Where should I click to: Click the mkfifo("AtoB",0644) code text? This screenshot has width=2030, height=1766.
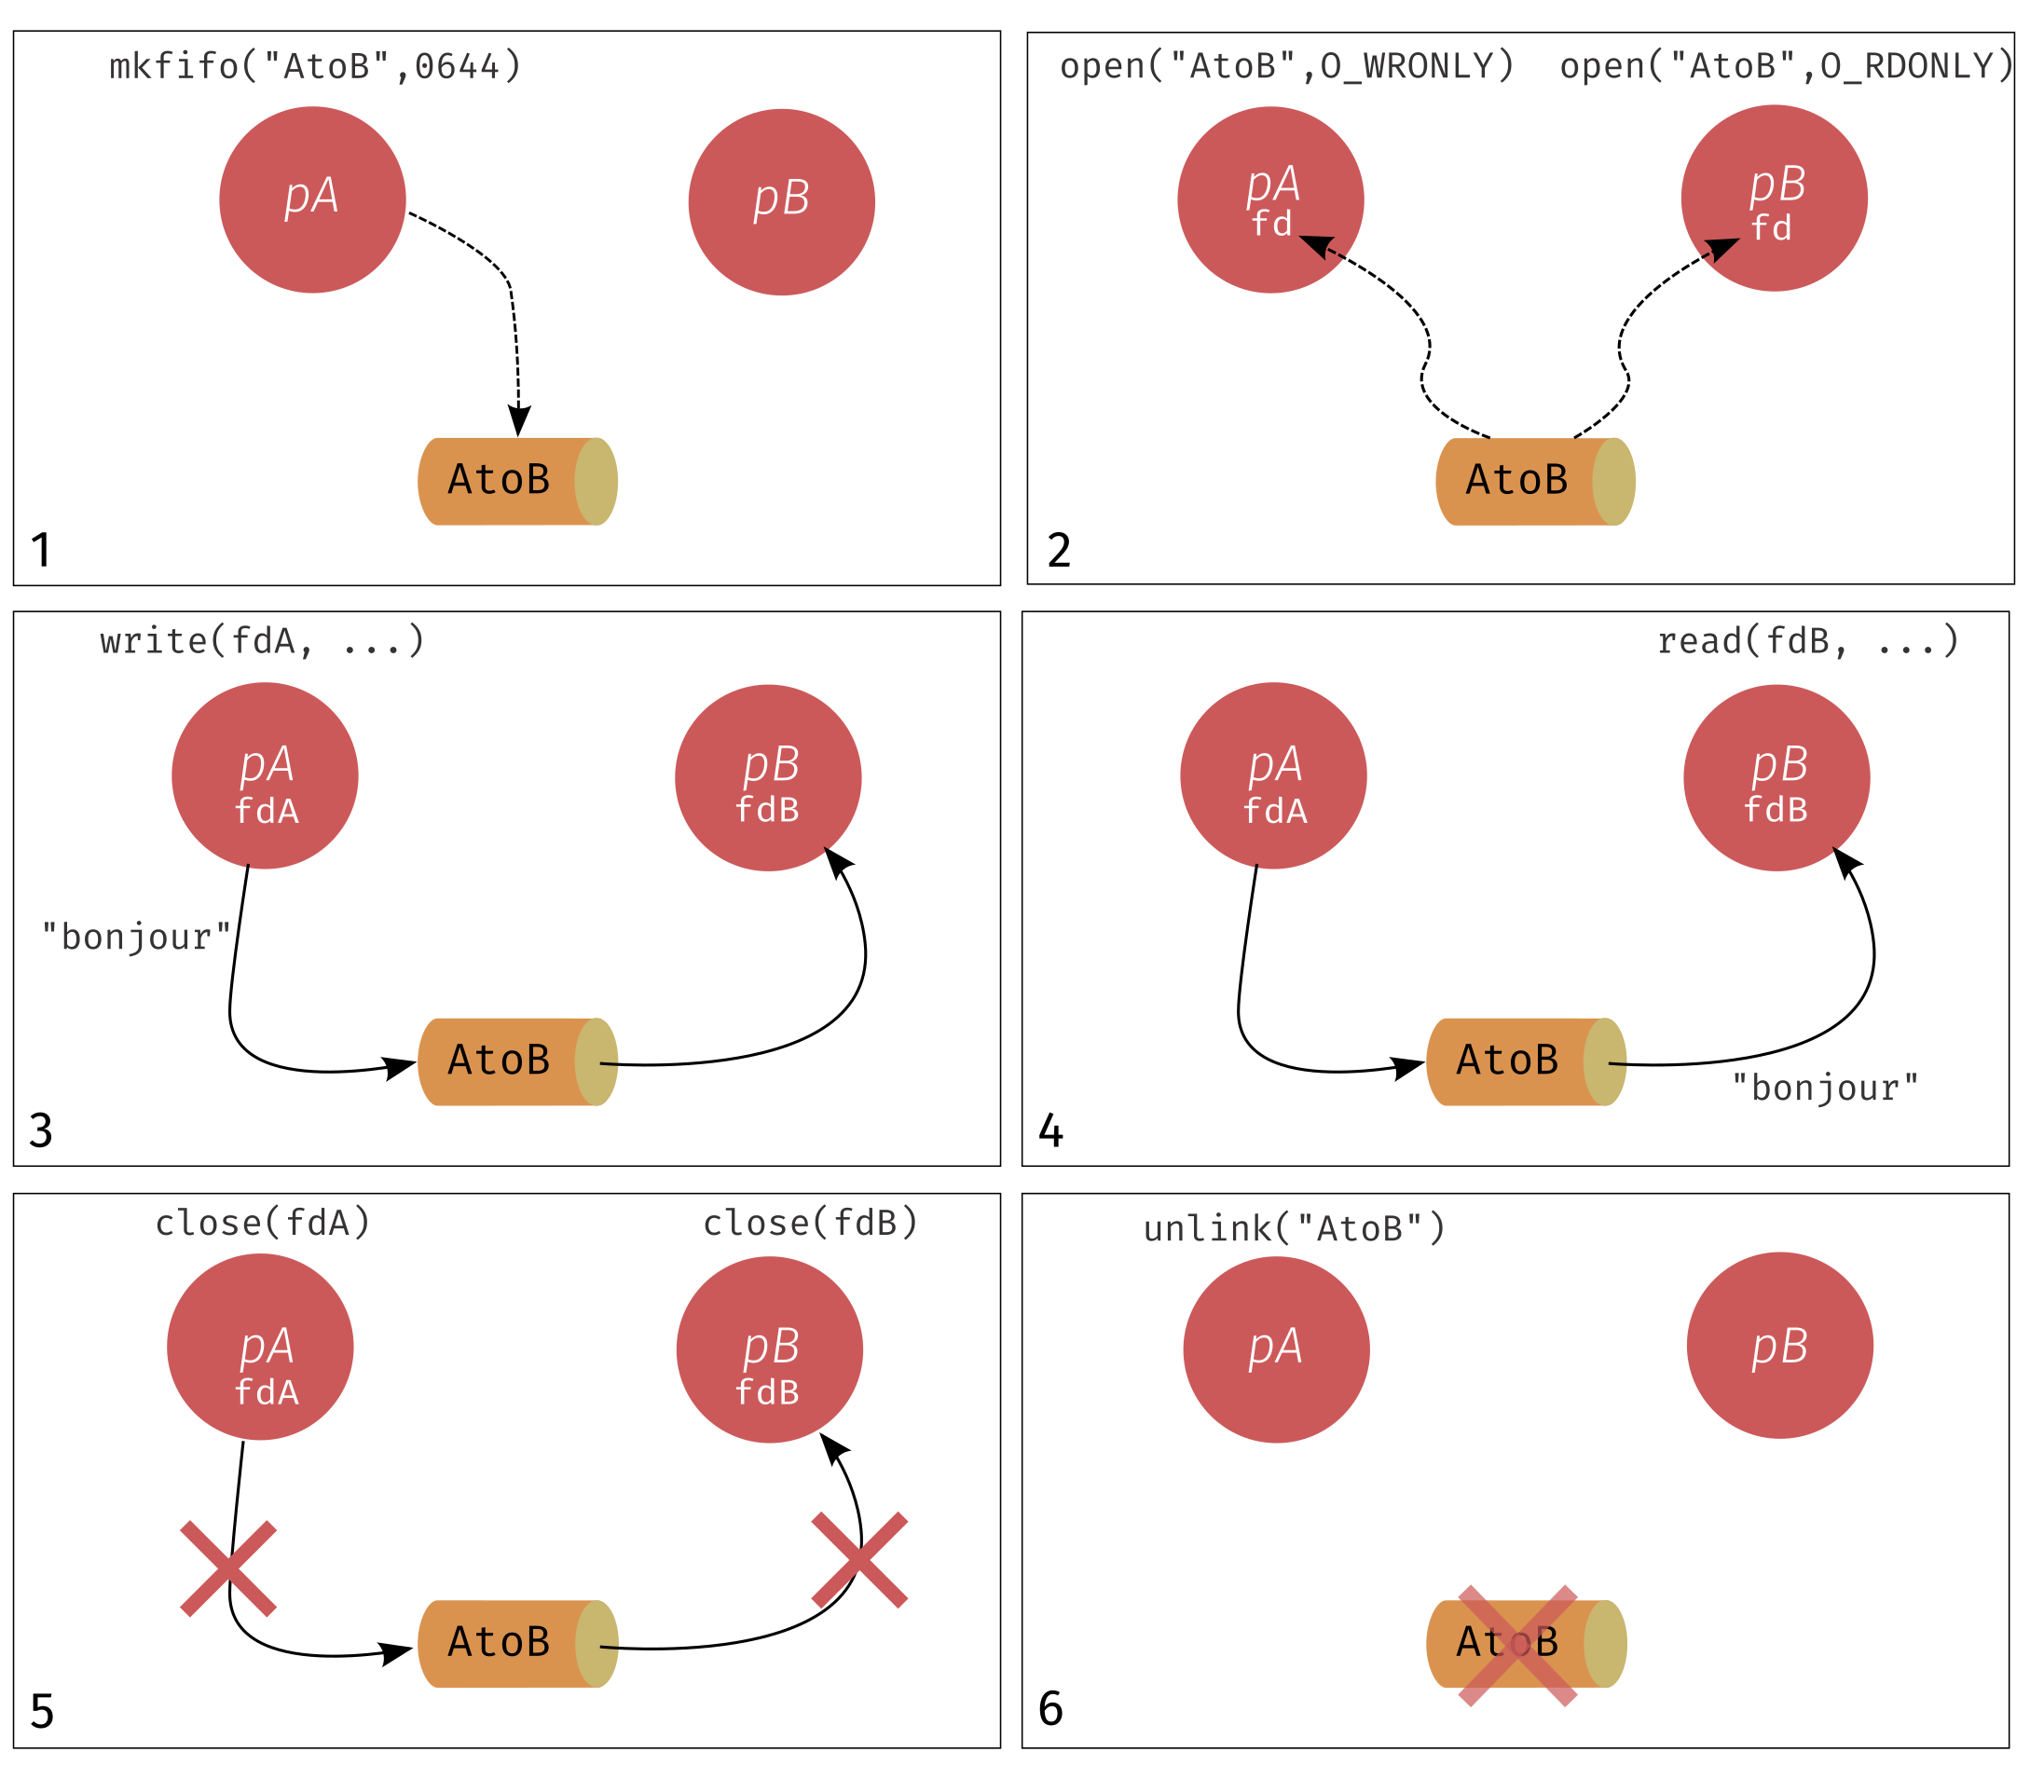(x=315, y=66)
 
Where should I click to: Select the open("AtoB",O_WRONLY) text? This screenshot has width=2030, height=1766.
(x=1287, y=66)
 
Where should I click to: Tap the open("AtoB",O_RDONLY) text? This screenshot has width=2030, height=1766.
(x=1787, y=66)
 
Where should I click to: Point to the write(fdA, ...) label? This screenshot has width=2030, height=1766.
(x=262, y=641)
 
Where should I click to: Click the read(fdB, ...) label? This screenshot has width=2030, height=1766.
(x=1808, y=641)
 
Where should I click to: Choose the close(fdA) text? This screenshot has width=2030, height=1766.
(x=263, y=1223)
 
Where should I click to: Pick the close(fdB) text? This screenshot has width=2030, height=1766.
(x=811, y=1223)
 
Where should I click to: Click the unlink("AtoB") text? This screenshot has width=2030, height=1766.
(x=1295, y=1229)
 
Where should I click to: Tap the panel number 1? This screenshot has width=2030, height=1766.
(x=40, y=550)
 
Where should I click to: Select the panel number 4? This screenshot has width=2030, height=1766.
(x=1051, y=1130)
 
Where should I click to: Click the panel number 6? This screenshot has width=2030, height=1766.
(x=1051, y=1709)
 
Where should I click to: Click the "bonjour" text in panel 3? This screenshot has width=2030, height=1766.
(x=136, y=938)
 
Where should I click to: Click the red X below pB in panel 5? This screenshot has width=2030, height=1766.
(x=859, y=1560)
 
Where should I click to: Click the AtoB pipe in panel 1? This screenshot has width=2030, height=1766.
(x=518, y=482)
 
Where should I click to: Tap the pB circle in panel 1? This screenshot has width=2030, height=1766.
(x=781, y=202)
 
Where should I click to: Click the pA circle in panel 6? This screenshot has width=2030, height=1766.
(x=1276, y=1349)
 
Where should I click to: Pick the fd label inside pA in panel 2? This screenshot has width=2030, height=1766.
(x=1271, y=224)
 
